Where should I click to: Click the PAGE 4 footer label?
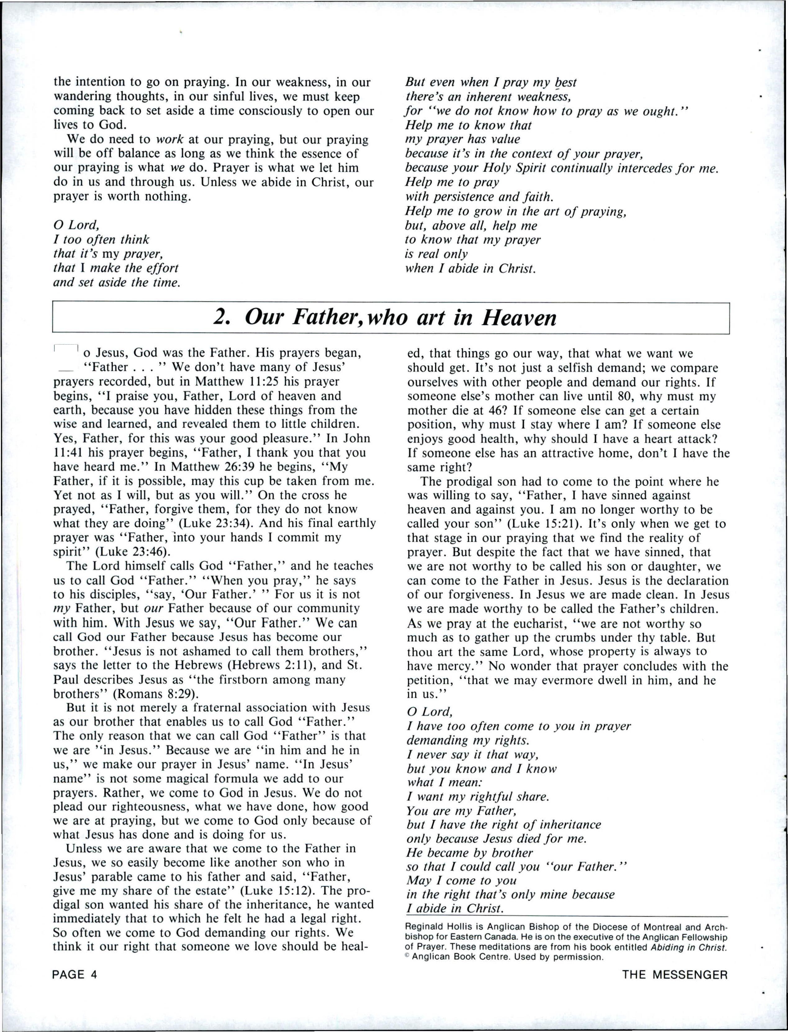[x=75, y=975]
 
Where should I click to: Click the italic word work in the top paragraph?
[x=169, y=140]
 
